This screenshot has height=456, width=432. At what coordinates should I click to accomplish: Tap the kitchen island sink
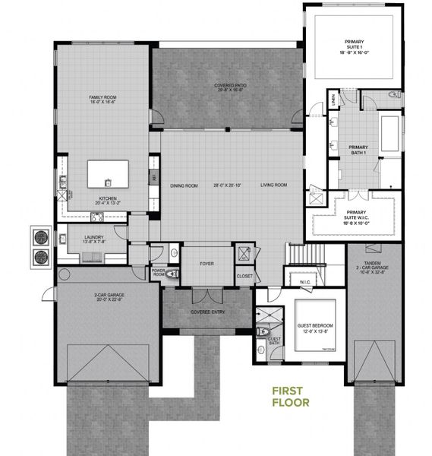pos(108,181)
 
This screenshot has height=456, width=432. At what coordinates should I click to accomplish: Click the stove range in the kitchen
pos(98,217)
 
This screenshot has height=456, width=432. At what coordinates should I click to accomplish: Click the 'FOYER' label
pos(207,265)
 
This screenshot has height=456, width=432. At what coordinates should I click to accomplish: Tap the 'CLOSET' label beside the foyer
pos(244,276)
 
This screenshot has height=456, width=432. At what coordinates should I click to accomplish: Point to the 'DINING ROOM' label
pos(184,185)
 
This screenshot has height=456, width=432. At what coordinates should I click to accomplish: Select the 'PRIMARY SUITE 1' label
pos(354,45)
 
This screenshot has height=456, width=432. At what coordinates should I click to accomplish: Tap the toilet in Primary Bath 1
pos(393,95)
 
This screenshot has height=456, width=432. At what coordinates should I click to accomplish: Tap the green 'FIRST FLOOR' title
pos(292,397)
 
